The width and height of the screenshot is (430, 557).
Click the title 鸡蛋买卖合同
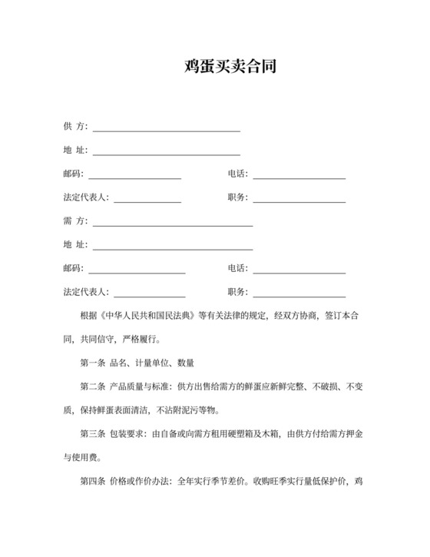[x=230, y=66]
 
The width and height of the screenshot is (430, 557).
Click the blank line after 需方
[x=172, y=226]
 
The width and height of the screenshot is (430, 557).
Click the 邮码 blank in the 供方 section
[x=135, y=178]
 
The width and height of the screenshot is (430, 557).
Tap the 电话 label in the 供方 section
[x=237, y=174]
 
